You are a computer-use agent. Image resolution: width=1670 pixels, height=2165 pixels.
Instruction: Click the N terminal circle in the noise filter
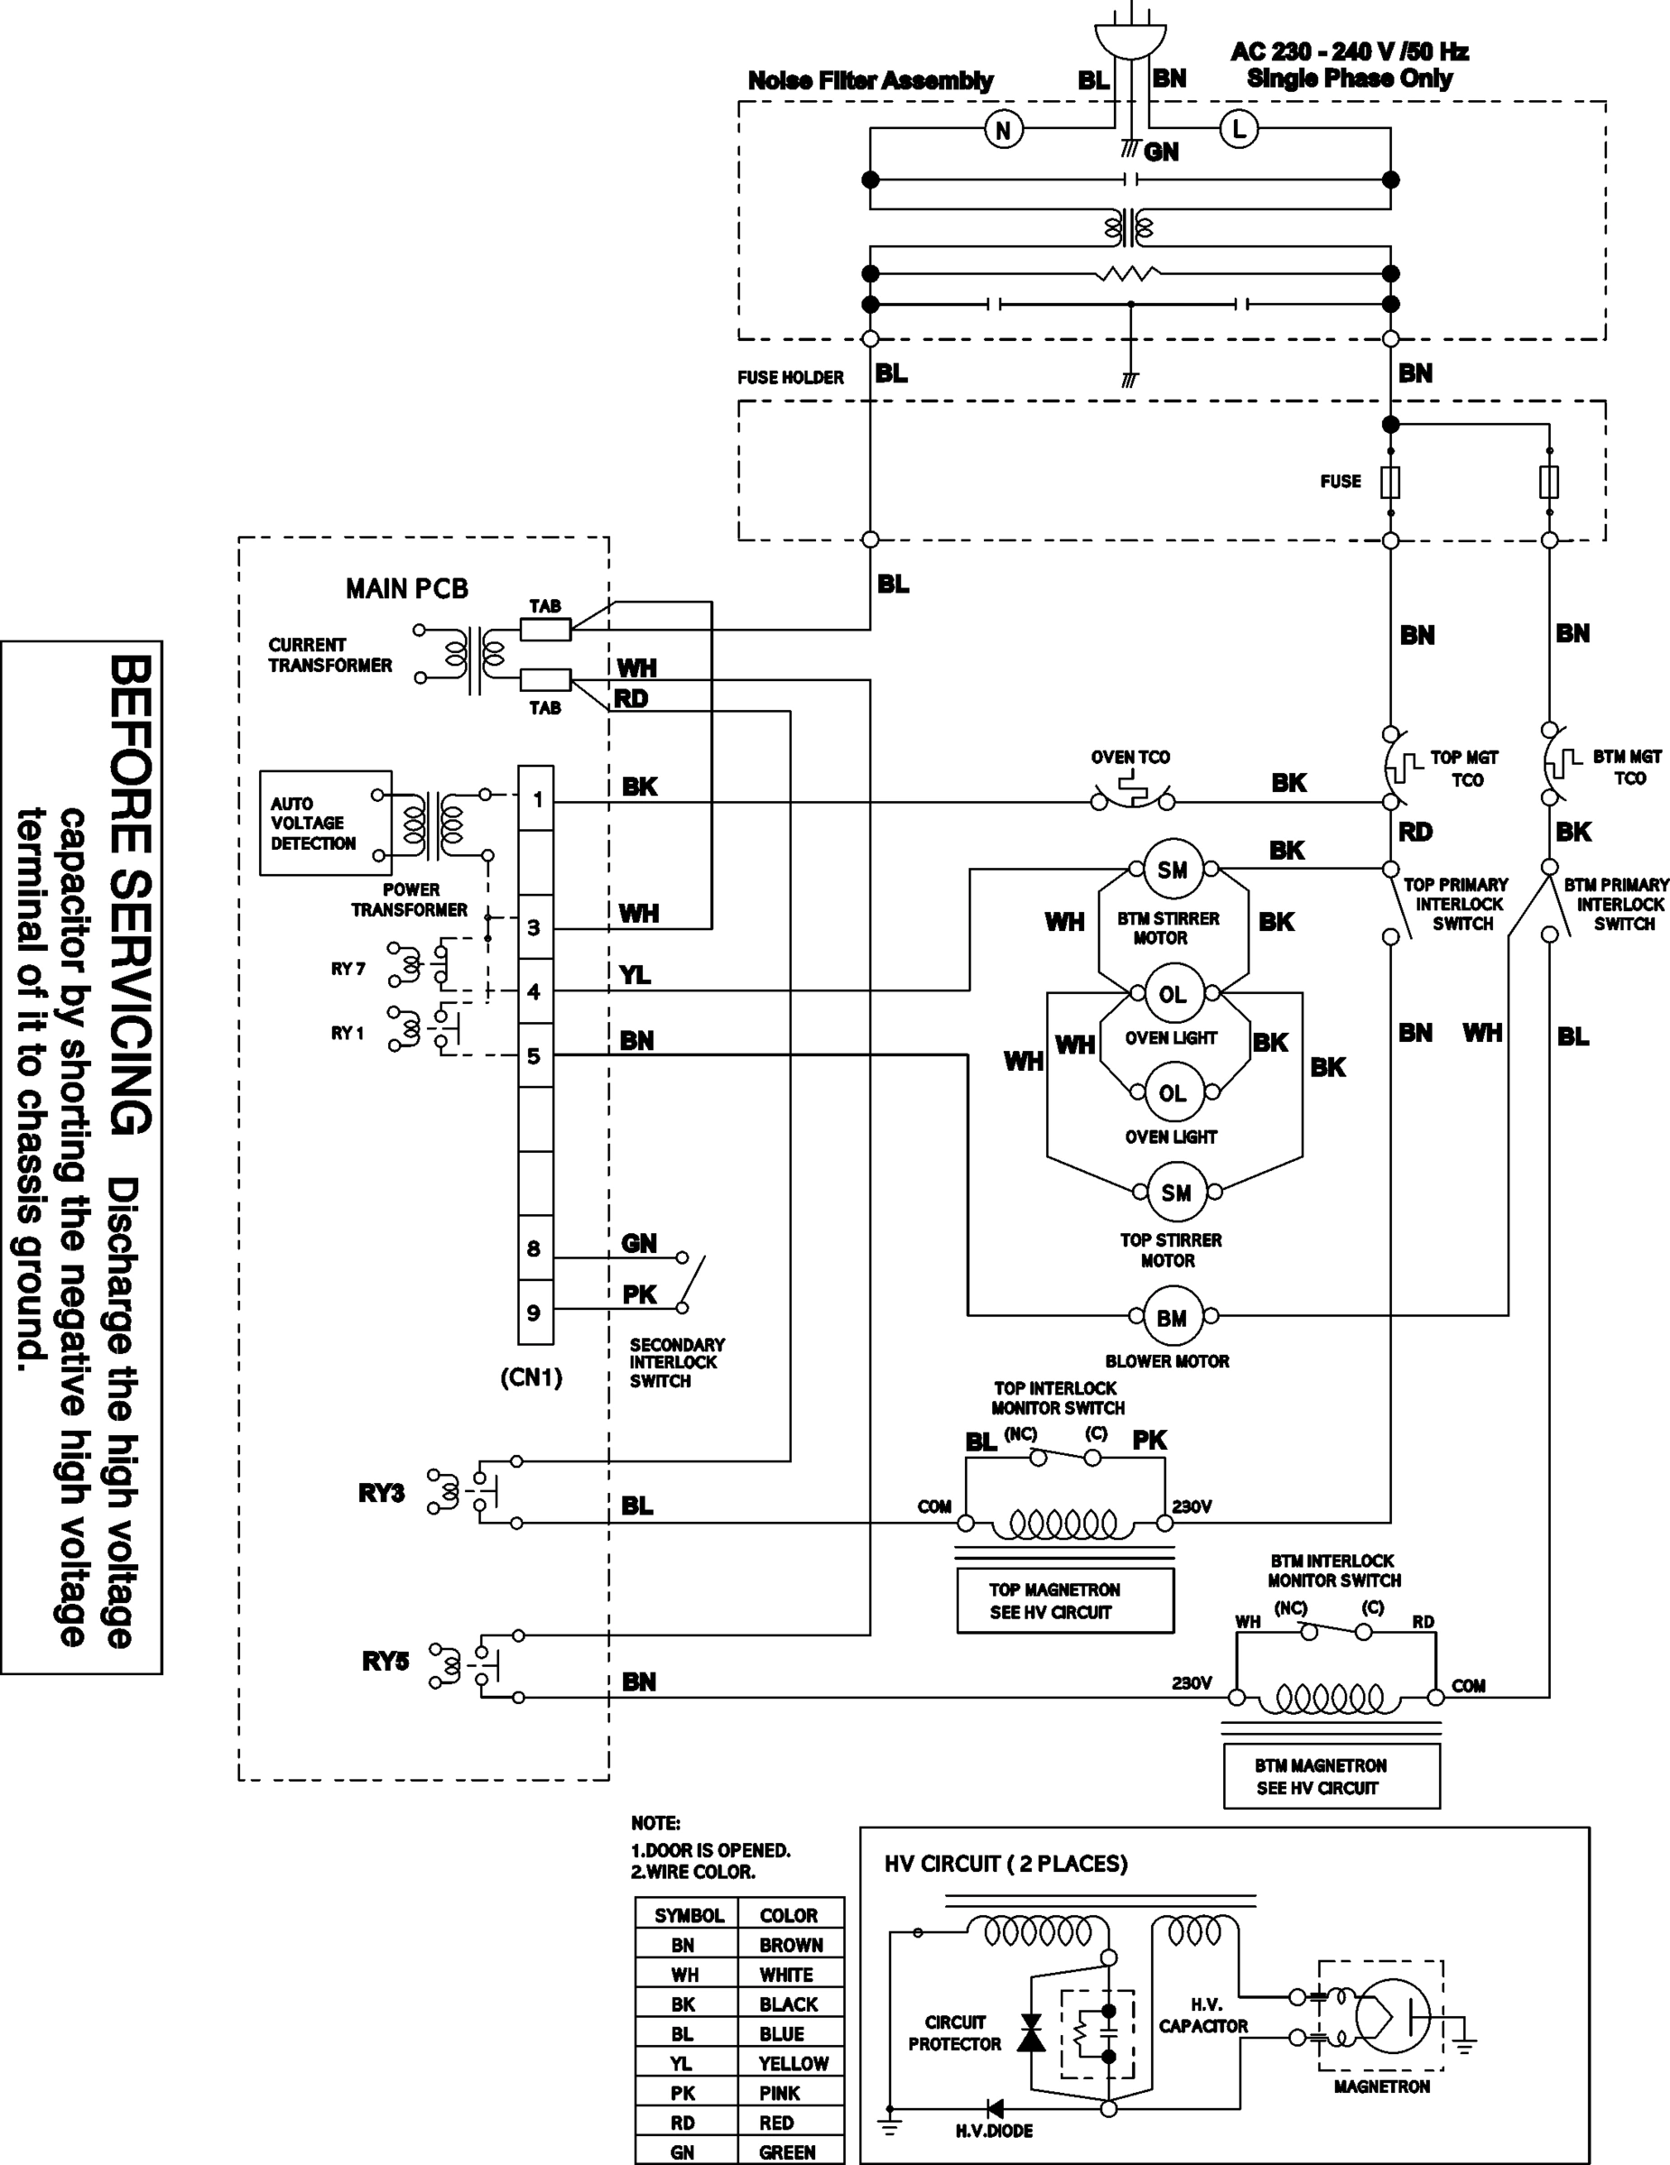pyautogui.click(x=1003, y=130)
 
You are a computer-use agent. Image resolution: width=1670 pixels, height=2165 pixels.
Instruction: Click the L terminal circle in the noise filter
pyautogui.click(x=1238, y=129)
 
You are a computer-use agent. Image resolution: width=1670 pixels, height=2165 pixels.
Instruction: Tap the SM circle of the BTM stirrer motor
pyautogui.click(x=1173, y=870)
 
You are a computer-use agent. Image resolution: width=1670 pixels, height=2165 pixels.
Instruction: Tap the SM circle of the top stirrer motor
pyautogui.click(x=1175, y=1193)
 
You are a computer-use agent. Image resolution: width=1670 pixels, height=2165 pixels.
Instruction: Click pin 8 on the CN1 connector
pyautogui.click(x=534, y=1248)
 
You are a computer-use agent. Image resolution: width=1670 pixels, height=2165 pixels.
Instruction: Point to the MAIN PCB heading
pyautogui.click(x=406, y=589)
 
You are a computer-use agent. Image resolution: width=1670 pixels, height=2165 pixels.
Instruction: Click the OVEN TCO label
pyautogui.click(x=1129, y=758)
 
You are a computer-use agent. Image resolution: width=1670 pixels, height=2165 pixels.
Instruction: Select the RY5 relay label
pyautogui.click(x=385, y=1661)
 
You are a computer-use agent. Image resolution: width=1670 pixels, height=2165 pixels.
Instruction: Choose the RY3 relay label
pyautogui.click(x=381, y=1493)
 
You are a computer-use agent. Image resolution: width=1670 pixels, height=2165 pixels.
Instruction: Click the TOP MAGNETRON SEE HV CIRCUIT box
pyautogui.click(x=1064, y=1600)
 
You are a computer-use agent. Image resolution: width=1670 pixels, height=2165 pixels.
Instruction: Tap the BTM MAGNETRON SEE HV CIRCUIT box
pyautogui.click(x=1330, y=1776)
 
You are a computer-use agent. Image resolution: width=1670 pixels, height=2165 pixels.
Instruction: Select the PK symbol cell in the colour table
pyautogui.click(x=682, y=2093)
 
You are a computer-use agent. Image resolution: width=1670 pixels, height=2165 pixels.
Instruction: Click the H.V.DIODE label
pyautogui.click(x=994, y=2131)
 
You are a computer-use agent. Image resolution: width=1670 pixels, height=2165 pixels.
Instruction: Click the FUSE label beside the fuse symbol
pyautogui.click(x=1340, y=482)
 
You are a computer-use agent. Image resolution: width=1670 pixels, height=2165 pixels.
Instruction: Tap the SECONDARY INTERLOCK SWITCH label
pyautogui.click(x=676, y=1363)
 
